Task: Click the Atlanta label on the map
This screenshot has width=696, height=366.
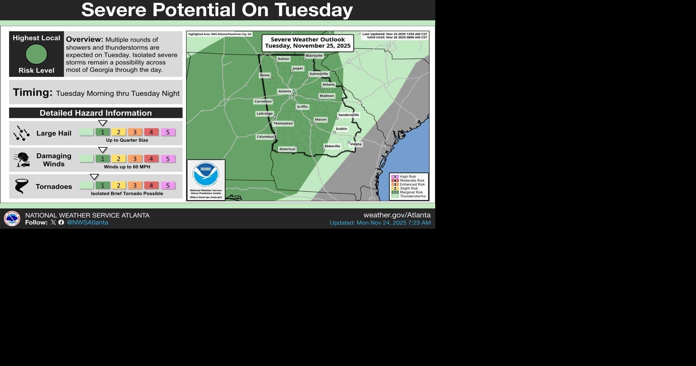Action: tap(284, 91)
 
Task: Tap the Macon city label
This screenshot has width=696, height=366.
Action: tap(321, 119)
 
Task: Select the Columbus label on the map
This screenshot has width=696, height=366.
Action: tap(265, 137)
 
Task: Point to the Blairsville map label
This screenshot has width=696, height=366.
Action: tap(314, 56)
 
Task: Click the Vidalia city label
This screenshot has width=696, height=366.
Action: tap(356, 144)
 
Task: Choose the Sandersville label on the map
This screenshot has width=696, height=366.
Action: tap(349, 115)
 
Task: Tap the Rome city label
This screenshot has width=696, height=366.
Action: tap(265, 75)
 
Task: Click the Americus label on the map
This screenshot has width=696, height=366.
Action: tap(287, 149)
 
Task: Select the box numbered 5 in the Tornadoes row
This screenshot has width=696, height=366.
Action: tap(168, 186)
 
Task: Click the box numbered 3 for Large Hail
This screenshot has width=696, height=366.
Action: tap(135, 132)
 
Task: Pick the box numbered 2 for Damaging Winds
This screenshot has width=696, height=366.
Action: tap(119, 159)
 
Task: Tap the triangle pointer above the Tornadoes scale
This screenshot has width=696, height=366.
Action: tap(94, 177)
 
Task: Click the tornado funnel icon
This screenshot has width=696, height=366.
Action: tap(21, 186)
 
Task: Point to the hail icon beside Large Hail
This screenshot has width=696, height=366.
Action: tap(21, 133)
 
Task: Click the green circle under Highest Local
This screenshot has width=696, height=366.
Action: tap(36, 54)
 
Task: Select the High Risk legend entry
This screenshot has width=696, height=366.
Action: tap(408, 177)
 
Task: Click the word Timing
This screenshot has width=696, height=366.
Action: tap(33, 93)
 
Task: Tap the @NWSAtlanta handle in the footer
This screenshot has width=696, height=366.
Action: tap(87, 223)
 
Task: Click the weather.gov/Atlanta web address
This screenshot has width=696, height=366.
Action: tap(397, 215)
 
